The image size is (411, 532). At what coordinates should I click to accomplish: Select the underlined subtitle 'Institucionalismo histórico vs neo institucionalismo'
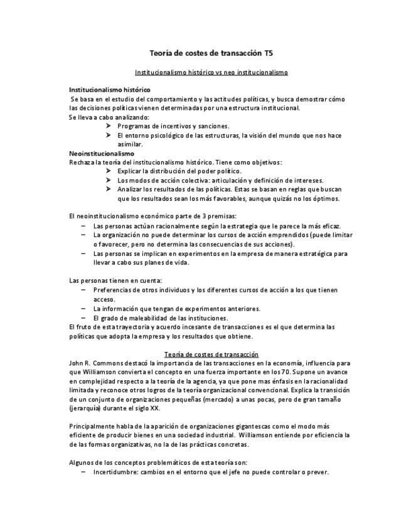coord(211,72)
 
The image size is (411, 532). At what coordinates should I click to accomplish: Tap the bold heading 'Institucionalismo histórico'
coord(109,90)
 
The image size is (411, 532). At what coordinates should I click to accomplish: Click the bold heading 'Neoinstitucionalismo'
coord(101,153)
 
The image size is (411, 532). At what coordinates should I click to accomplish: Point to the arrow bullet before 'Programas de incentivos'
coord(109,126)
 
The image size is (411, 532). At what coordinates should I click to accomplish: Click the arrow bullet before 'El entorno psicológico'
coord(109,135)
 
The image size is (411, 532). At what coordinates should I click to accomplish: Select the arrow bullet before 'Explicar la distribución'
coord(109,171)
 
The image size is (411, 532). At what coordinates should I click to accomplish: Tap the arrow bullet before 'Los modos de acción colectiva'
coord(109,180)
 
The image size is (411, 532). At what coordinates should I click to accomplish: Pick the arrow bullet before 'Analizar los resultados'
coord(109,189)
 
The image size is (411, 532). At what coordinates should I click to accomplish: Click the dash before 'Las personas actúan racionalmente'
coord(84,225)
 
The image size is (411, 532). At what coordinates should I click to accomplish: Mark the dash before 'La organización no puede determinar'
coord(84,235)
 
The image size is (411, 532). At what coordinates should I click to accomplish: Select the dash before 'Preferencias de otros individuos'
coord(84,290)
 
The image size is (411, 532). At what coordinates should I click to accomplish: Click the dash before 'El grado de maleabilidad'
coord(84,317)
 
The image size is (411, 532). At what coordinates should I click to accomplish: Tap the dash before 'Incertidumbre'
coord(84,472)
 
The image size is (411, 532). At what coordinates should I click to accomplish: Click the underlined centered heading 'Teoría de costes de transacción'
coord(211,354)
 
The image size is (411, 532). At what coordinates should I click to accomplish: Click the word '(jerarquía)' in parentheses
coord(84,408)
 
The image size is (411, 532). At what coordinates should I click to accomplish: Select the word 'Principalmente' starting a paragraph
coord(90,427)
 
